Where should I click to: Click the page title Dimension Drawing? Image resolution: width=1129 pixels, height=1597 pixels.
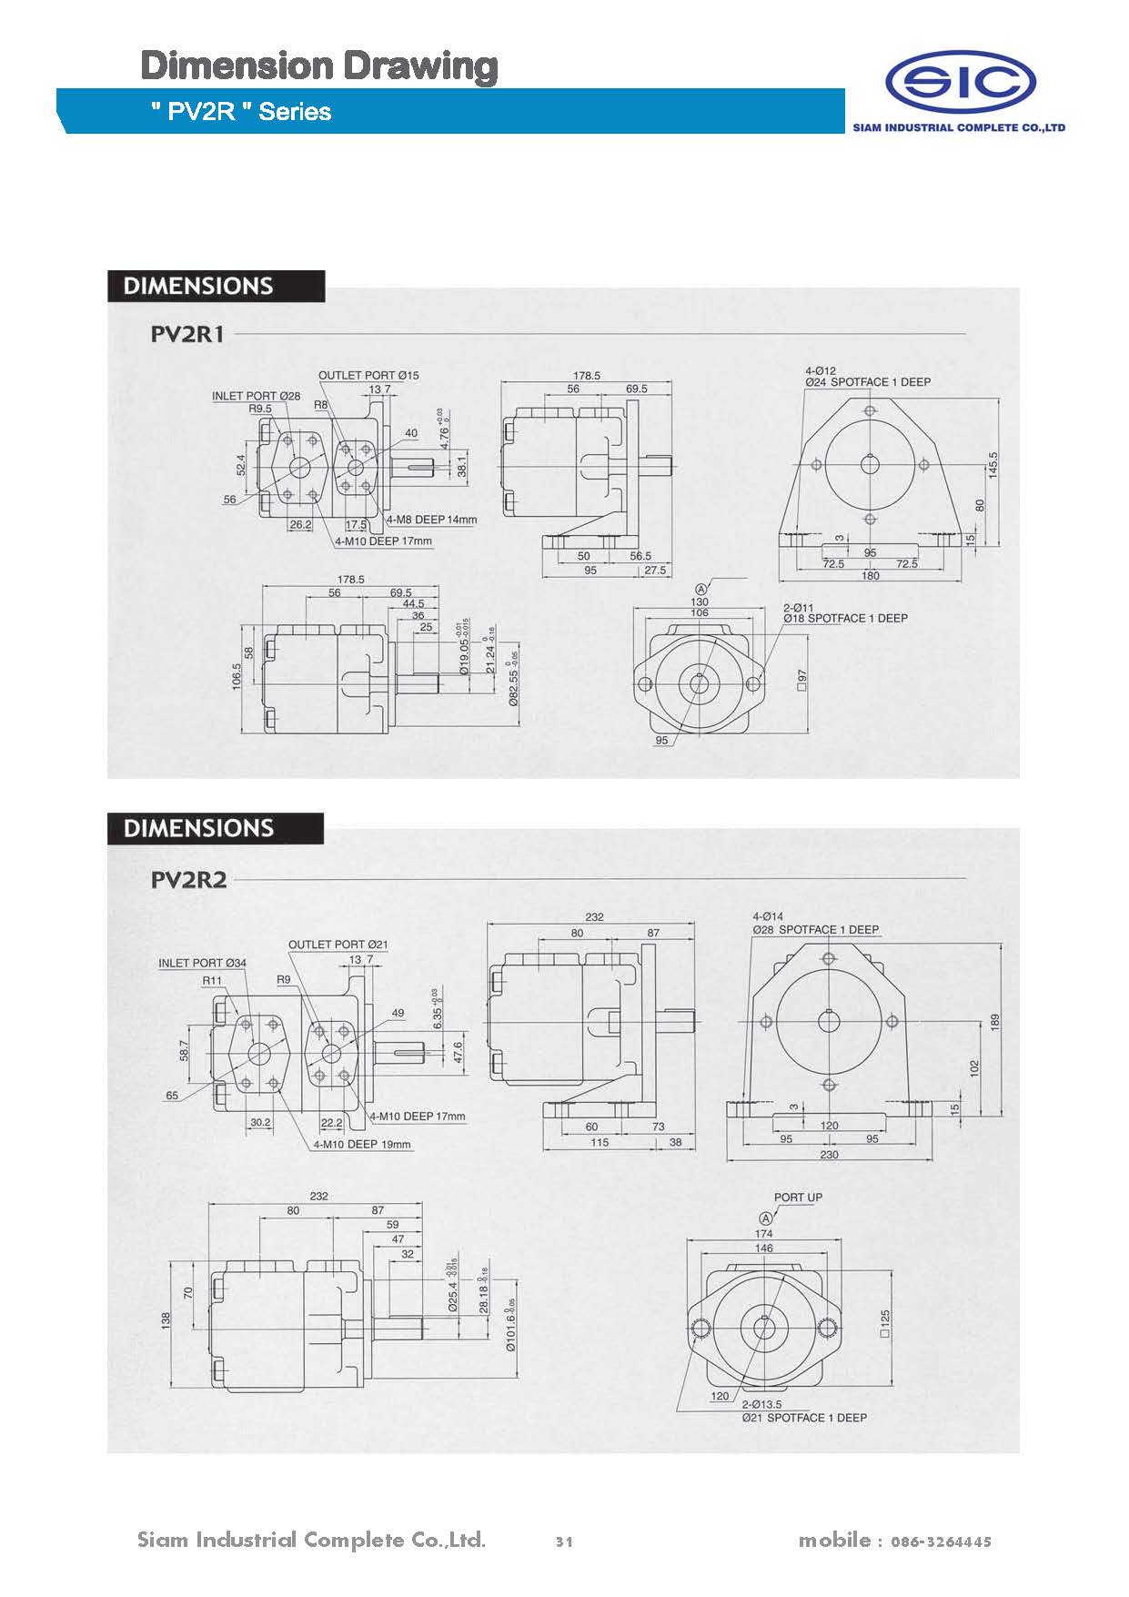319,66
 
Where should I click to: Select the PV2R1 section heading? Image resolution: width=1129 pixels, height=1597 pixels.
187,334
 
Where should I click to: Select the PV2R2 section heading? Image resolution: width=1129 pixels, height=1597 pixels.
188,880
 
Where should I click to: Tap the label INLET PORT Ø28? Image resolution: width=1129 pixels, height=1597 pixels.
256,396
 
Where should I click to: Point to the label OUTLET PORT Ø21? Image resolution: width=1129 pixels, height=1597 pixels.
338,945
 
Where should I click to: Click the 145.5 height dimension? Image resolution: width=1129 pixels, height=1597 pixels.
993,465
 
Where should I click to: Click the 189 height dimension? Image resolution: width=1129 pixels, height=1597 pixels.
994,1022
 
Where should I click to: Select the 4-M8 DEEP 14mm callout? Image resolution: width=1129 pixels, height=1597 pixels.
432,520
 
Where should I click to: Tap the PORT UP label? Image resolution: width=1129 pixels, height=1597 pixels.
798,1198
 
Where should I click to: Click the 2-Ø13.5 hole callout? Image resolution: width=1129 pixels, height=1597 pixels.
761,1405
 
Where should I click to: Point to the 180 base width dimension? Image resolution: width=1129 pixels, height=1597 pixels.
870,576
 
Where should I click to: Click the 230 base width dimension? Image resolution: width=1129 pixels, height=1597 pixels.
829,1155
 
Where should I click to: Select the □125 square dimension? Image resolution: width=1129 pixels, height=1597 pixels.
884,1322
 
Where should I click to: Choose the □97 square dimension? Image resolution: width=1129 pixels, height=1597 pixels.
801,681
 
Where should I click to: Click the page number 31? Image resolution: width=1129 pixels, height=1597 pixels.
564,1541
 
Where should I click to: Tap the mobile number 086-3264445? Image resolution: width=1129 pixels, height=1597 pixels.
941,1541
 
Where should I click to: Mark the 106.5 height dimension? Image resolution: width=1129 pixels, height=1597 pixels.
237,677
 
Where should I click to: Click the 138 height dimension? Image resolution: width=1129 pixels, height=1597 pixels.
166,1320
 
